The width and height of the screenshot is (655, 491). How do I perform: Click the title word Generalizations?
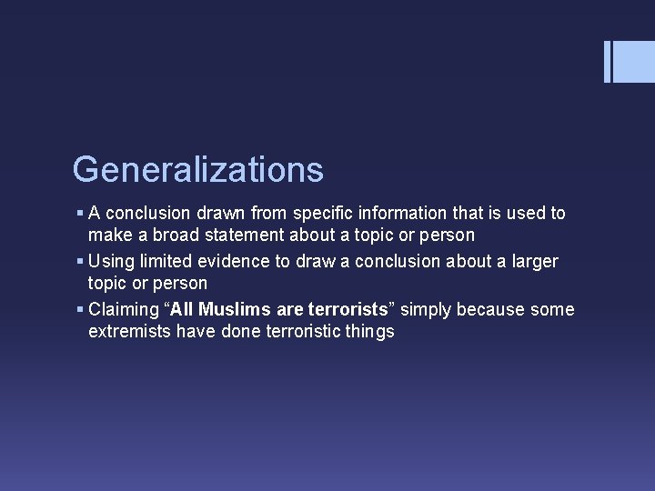coord(197,170)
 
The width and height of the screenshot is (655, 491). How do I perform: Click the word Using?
coord(111,262)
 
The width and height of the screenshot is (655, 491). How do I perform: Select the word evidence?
coord(231,262)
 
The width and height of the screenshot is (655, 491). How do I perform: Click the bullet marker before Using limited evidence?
coord(80,262)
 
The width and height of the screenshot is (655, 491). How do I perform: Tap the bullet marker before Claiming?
coord(80,310)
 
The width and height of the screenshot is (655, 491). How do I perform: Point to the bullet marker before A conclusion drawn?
coord(80,214)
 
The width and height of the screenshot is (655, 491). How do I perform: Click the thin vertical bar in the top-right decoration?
coord(607,62)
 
